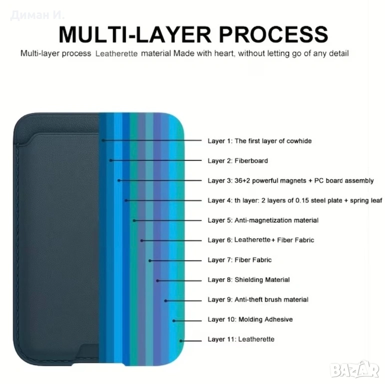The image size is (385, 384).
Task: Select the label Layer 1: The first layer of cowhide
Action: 259,141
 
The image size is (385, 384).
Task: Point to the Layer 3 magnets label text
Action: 291,180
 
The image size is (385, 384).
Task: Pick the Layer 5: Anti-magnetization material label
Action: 263,220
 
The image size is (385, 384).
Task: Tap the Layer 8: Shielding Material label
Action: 249,280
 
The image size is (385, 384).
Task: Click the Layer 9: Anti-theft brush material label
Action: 258,299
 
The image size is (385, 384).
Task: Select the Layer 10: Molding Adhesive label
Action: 250,319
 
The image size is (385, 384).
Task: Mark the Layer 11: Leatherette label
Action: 241,339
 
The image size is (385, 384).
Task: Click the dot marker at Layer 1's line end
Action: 103,141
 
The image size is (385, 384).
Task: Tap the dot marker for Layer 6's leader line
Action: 142,240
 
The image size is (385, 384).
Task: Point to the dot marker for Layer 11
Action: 182,339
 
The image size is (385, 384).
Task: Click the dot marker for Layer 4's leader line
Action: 126,200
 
